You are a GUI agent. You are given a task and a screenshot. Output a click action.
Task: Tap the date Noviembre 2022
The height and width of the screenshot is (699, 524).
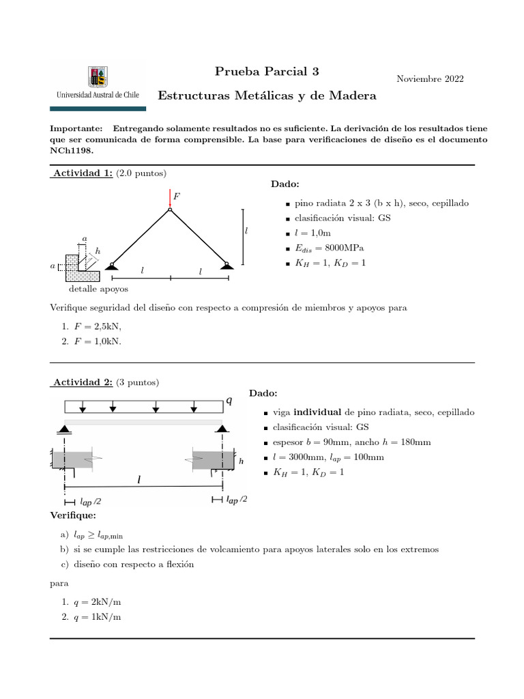(x=430, y=79)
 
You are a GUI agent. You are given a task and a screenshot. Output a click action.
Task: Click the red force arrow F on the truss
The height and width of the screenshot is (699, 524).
(x=170, y=200)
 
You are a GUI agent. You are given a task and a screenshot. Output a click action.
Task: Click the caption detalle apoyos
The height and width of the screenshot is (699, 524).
(x=98, y=289)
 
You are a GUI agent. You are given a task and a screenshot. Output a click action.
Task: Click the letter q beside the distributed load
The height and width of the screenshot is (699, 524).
(x=229, y=401)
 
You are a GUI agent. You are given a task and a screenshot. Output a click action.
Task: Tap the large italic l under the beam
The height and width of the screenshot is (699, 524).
(x=139, y=480)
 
